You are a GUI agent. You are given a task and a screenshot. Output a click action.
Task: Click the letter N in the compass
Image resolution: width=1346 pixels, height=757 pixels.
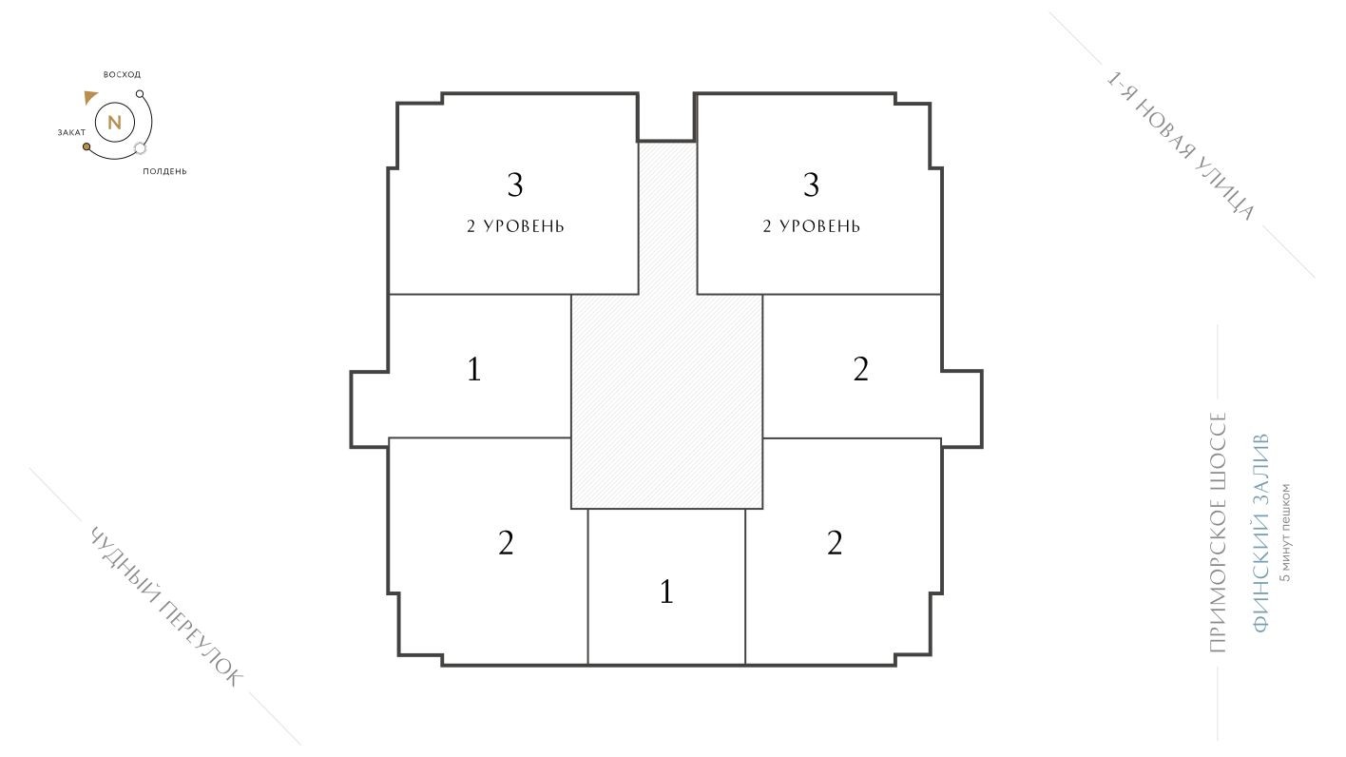tap(114, 122)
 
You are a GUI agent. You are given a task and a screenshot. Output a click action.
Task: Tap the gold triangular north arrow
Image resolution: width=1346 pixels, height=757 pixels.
tap(90, 97)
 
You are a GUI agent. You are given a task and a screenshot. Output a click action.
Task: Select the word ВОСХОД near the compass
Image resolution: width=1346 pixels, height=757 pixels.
tap(122, 74)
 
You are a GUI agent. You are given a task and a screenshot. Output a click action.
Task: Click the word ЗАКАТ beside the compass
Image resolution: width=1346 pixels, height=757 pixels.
tap(71, 132)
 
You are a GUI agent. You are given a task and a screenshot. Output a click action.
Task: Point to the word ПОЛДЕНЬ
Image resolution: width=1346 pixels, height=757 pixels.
tap(164, 171)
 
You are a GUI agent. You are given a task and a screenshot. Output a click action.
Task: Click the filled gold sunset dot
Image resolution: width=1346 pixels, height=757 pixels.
tap(87, 147)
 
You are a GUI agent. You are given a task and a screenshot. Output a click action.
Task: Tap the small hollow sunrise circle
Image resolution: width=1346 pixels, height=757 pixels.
tap(140, 94)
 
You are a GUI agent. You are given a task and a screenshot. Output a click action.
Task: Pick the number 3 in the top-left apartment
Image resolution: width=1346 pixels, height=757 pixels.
tap(514, 185)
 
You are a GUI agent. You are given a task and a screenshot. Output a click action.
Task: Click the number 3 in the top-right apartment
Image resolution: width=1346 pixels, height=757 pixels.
tap(811, 185)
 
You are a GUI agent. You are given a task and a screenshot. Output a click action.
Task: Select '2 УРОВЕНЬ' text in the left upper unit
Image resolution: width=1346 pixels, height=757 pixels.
tap(515, 226)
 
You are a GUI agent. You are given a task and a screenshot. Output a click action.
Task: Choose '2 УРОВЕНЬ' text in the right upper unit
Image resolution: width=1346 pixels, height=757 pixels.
tap(811, 226)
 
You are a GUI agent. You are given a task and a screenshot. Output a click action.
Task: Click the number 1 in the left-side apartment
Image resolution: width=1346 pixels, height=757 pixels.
tap(473, 369)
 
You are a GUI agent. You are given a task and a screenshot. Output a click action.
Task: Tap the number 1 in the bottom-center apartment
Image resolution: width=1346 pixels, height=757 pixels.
tap(666, 592)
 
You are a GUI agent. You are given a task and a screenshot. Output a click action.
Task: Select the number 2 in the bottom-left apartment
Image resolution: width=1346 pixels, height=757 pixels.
tap(506, 543)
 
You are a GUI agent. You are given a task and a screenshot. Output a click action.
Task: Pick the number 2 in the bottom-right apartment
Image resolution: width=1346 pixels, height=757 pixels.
tap(835, 543)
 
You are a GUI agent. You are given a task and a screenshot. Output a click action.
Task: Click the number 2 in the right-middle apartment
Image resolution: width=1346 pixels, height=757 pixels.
tap(860, 369)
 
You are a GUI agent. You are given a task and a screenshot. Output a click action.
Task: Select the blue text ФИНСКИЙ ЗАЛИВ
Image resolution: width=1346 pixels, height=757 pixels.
tap(1260, 534)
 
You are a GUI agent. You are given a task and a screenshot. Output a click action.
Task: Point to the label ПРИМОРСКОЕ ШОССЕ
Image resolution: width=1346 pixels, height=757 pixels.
tap(1219, 533)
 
